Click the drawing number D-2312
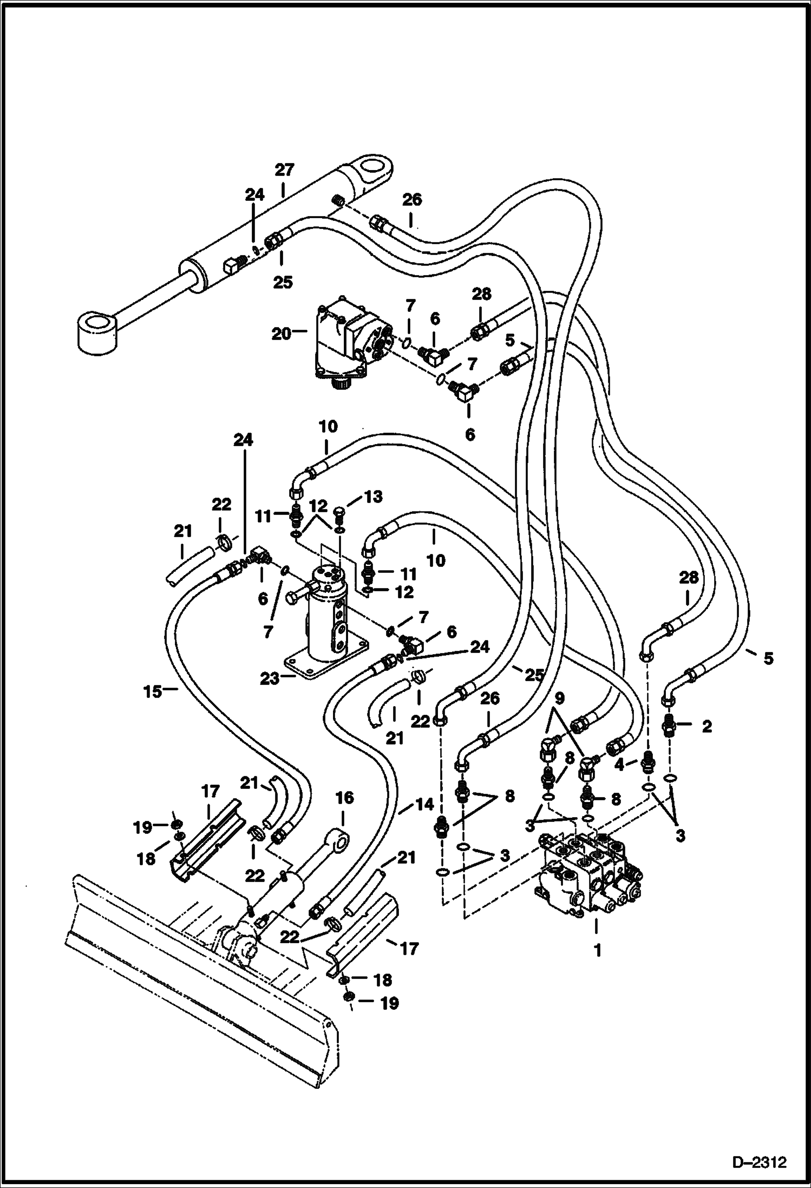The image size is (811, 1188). click(761, 1163)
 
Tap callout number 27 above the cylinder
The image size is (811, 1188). click(284, 171)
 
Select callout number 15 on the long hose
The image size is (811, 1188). click(153, 691)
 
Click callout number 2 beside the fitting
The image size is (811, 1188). click(706, 727)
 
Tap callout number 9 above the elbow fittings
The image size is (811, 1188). click(559, 699)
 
